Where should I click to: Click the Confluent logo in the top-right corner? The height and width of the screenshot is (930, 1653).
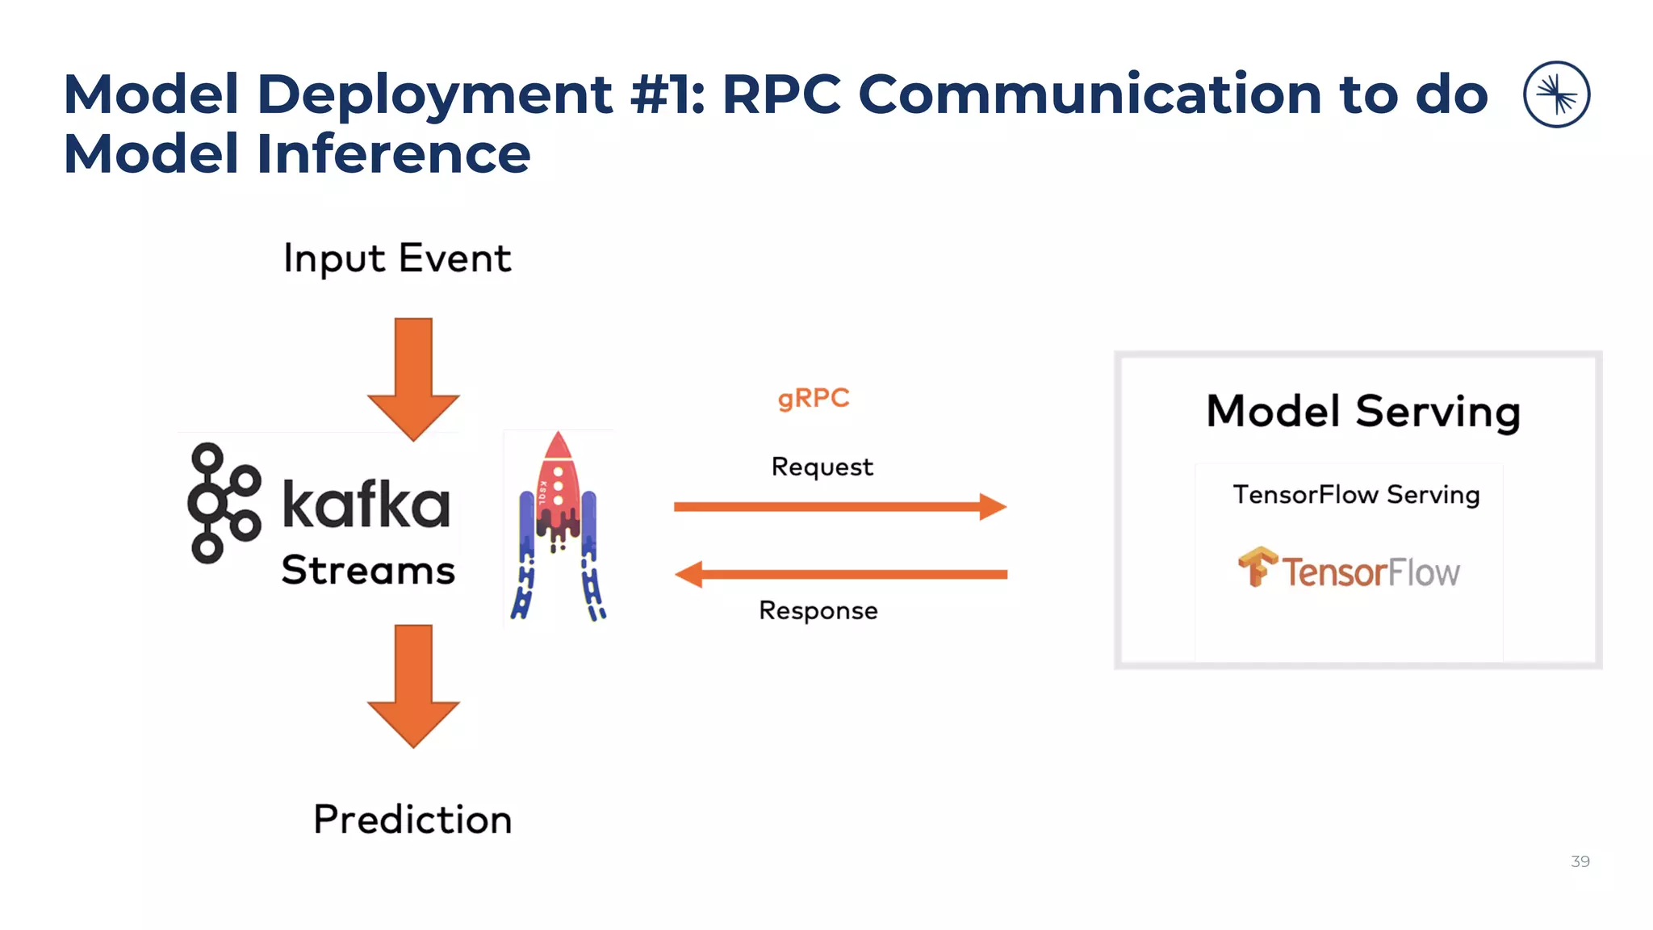[x=1556, y=94]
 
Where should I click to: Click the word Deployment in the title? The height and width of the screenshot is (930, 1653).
[x=434, y=95]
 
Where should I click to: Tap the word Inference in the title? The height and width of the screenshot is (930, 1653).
[x=393, y=153]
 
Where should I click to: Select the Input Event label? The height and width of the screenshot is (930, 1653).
[x=397, y=259]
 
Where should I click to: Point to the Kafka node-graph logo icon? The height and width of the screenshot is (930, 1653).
[x=223, y=502]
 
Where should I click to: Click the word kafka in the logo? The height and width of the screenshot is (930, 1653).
[x=366, y=505]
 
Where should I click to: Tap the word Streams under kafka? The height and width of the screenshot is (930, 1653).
[x=368, y=570]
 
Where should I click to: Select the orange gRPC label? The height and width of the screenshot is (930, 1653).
[x=814, y=398]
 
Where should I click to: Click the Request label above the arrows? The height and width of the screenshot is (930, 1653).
[x=822, y=467]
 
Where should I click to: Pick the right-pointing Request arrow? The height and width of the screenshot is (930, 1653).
[x=839, y=507]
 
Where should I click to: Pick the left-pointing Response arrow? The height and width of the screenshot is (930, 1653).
[x=839, y=575]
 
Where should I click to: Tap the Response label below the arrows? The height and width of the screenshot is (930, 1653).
[x=818, y=610]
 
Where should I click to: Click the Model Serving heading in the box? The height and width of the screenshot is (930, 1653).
[x=1363, y=412]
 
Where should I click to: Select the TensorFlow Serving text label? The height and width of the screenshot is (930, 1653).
[x=1356, y=494]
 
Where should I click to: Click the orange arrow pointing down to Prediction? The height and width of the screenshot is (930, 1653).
[x=413, y=685]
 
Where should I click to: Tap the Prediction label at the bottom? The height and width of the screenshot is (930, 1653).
[x=412, y=819]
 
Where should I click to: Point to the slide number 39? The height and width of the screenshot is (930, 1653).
[x=1580, y=861]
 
